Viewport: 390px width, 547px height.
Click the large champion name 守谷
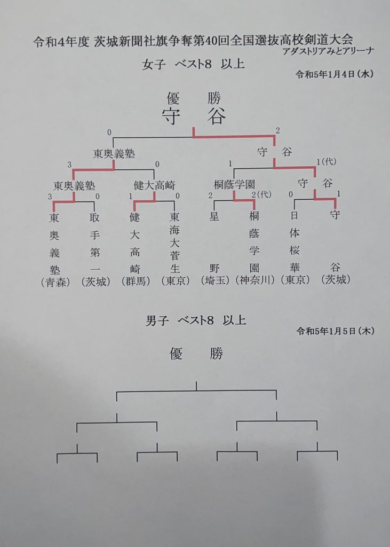pyautogui.click(x=194, y=116)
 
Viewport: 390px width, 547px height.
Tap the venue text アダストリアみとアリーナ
pyautogui.click(x=328, y=51)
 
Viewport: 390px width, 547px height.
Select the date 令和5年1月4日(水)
pyautogui.click(x=335, y=74)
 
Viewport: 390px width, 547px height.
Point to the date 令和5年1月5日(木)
pyautogui.click(x=335, y=331)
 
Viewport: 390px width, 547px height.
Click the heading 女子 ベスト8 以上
pyautogui.click(x=194, y=64)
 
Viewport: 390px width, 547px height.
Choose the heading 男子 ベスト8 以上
pyautogui.click(x=195, y=321)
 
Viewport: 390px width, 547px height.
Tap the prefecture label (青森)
pyautogui.click(x=55, y=282)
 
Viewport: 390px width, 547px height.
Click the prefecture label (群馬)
pyautogui.click(x=136, y=281)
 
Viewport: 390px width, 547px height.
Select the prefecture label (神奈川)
pyautogui.click(x=255, y=280)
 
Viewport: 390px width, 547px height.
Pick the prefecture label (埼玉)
pyautogui.click(x=216, y=280)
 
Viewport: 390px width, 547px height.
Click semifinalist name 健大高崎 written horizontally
pyautogui.click(x=154, y=185)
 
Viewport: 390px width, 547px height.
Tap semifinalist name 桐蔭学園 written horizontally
pyautogui.click(x=234, y=184)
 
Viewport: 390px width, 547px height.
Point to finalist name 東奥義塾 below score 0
pyautogui.click(x=114, y=153)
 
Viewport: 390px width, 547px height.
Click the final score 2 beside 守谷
pyautogui.click(x=277, y=130)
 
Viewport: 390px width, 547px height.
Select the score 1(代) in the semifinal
pyautogui.click(x=326, y=162)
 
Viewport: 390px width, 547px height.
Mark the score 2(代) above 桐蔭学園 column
pyautogui.click(x=261, y=194)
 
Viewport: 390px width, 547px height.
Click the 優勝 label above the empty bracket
pyautogui.click(x=196, y=354)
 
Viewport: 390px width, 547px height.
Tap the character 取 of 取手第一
pyautogui.click(x=94, y=217)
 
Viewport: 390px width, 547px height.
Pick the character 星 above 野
pyautogui.click(x=214, y=216)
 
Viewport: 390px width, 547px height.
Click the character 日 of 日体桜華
pyautogui.click(x=295, y=216)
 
